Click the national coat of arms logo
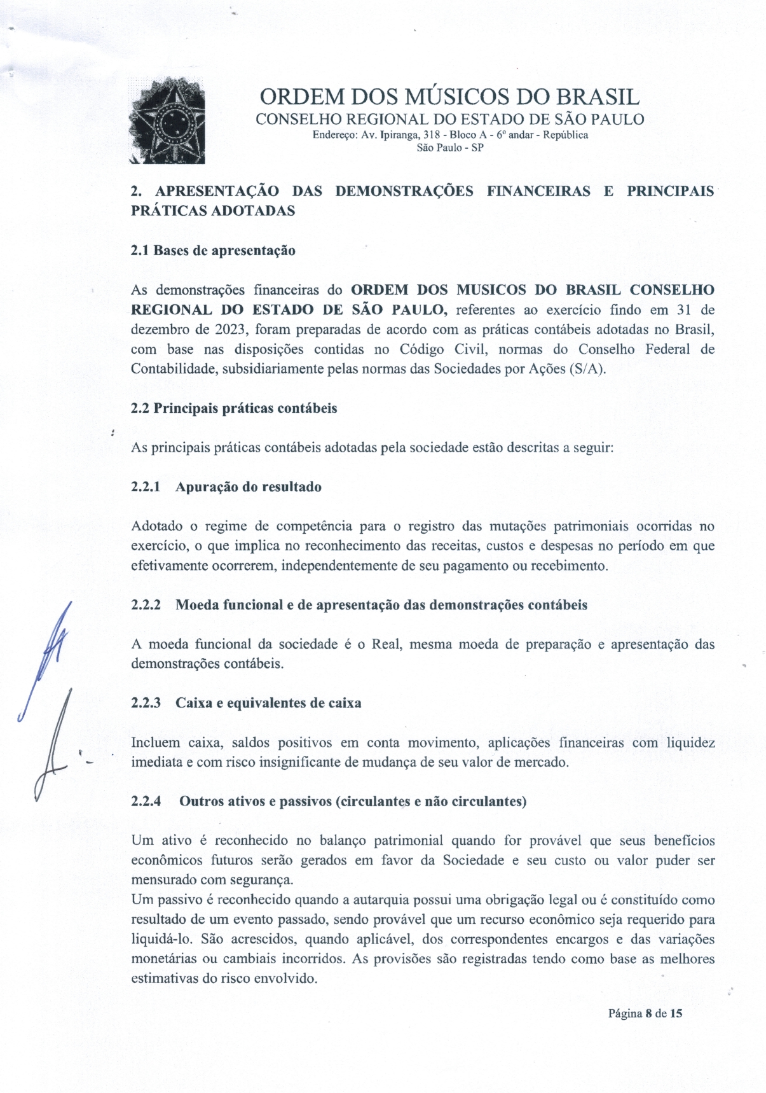(x=167, y=121)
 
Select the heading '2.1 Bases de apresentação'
(x=213, y=250)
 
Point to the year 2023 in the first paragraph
(x=231, y=330)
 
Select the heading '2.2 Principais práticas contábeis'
(x=234, y=408)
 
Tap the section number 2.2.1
(x=146, y=487)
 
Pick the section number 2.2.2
(x=146, y=605)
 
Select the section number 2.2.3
(x=146, y=703)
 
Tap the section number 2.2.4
(x=146, y=802)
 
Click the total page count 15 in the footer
(x=676, y=1013)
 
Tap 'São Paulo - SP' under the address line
(x=450, y=148)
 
